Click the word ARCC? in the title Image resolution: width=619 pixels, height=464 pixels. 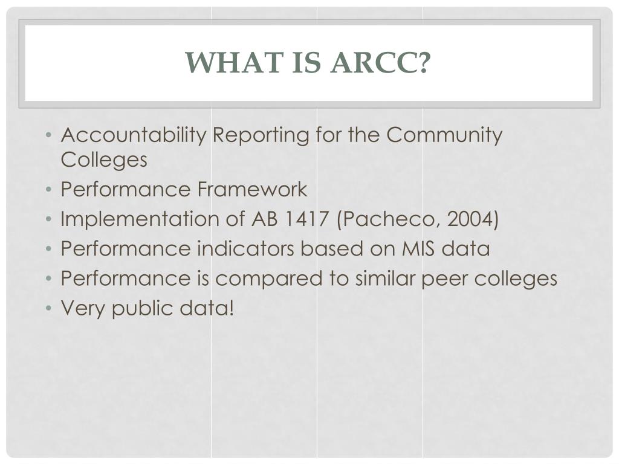click(380, 63)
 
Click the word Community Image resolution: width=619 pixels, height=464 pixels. click(444, 135)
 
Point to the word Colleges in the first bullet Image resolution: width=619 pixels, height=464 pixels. click(104, 160)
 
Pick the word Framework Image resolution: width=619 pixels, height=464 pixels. click(252, 190)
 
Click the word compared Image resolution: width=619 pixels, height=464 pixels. click(282, 279)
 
